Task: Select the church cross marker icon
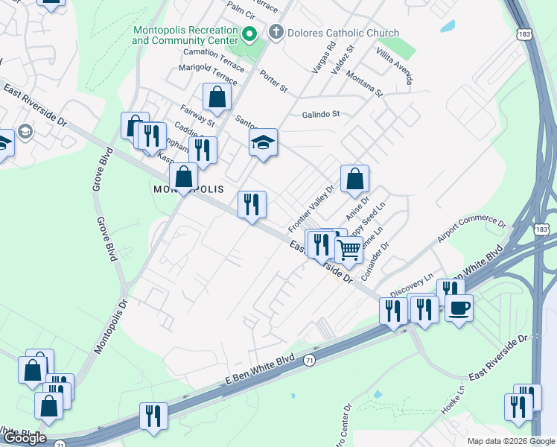(x=276, y=32)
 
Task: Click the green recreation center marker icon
(x=249, y=34)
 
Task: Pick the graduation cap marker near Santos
(x=263, y=142)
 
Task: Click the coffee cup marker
(x=459, y=307)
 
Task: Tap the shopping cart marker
(x=348, y=250)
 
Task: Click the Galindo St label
(x=320, y=114)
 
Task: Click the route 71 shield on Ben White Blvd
(x=308, y=360)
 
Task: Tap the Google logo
(x=25, y=437)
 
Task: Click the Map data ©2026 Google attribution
(x=510, y=440)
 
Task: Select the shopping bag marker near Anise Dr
(x=355, y=179)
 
